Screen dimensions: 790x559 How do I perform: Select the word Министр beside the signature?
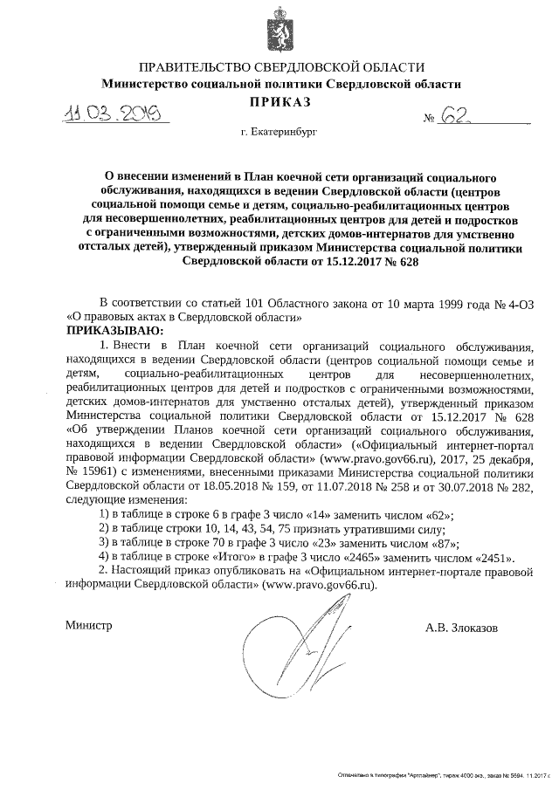coord(90,627)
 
